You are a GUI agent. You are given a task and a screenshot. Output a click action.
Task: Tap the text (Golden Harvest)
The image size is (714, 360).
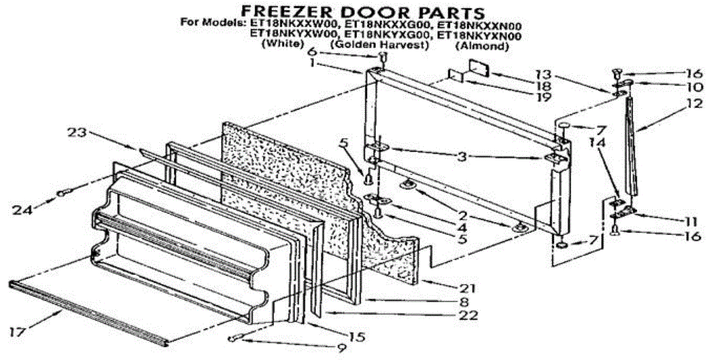coord(380,45)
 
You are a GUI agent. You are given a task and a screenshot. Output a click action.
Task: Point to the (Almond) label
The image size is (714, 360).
coord(482,45)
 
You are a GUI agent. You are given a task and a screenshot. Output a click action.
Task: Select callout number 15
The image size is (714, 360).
coord(356,337)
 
